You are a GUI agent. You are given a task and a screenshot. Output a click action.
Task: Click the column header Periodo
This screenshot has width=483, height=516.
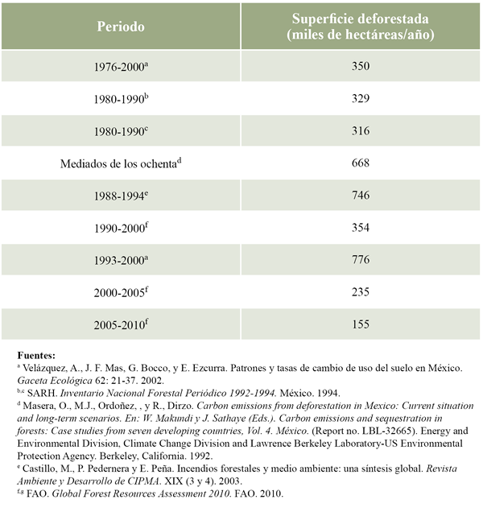click(121, 27)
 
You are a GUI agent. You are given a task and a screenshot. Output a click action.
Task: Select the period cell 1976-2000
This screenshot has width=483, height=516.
click(119, 67)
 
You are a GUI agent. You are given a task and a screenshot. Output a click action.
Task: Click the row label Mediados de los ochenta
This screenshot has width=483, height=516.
click(119, 163)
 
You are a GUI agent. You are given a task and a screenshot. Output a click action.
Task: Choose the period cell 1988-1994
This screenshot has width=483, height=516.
click(119, 196)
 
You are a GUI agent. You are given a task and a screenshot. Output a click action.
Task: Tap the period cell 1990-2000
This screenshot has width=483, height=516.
click(119, 228)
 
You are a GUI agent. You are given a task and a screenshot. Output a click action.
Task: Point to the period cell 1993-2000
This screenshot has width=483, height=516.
click(119, 260)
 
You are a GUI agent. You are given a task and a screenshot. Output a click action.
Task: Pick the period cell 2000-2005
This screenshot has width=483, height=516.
click(119, 292)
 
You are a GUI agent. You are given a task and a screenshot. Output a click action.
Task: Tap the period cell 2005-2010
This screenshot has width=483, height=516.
click(119, 324)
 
